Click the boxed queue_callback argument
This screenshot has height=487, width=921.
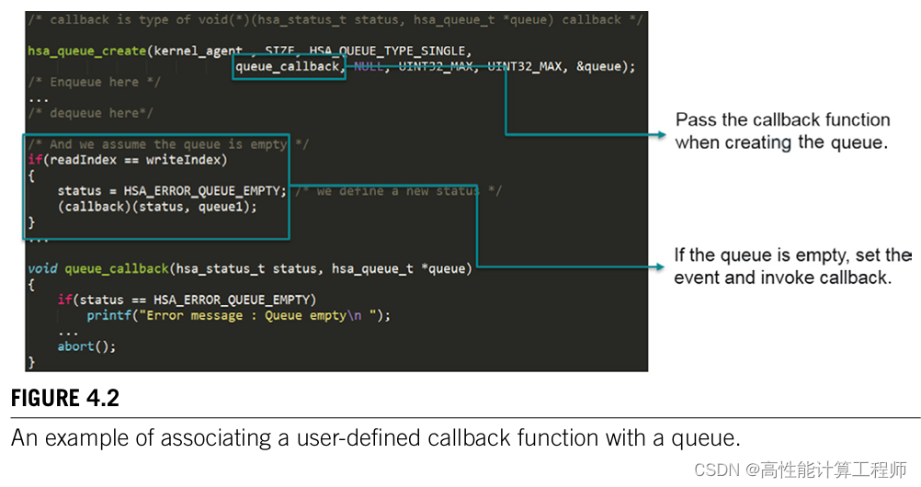(288, 66)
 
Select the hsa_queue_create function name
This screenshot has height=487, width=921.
(86, 51)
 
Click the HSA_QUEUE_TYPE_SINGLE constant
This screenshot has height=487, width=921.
(388, 51)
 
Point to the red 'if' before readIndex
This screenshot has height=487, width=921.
(33, 160)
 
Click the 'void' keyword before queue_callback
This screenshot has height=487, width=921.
(42, 268)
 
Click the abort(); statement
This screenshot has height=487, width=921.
(87, 346)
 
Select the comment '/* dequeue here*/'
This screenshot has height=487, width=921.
(90, 113)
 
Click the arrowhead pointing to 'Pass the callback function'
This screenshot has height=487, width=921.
(661, 135)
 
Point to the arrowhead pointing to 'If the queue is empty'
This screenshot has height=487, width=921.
(661, 267)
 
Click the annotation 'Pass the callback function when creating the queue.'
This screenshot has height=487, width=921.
(781, 131)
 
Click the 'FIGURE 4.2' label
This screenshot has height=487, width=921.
(65, 399)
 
